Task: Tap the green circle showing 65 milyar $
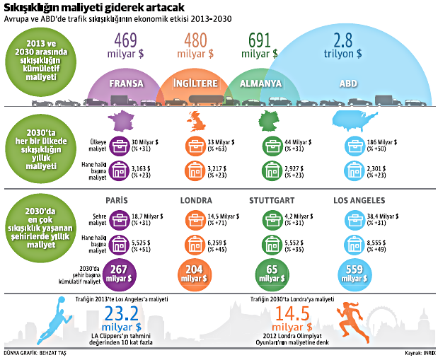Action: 270,272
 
